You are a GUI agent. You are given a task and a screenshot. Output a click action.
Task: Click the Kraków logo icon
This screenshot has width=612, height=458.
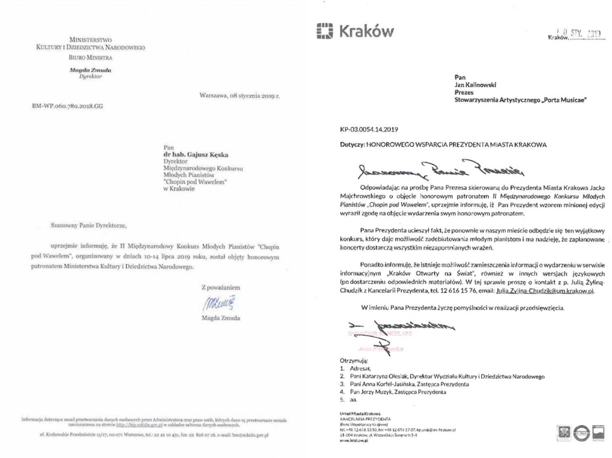[324, 31]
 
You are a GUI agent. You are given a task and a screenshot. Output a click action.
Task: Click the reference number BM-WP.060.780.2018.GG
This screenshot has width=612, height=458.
[67, 106]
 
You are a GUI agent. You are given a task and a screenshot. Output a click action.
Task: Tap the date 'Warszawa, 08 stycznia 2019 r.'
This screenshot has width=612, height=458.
[239, 96]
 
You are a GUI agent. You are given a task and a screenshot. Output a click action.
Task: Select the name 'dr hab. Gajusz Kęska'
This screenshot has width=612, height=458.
[196, 155]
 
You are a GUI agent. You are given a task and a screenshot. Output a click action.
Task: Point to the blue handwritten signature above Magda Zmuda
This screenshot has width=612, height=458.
[220, 303]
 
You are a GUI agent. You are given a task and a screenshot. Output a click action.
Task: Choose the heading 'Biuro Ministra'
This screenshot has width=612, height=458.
[90, 58]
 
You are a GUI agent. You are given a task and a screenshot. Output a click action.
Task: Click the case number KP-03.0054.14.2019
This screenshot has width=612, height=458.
[369, 129]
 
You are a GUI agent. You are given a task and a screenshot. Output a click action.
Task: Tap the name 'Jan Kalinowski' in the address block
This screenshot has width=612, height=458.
[475, 85]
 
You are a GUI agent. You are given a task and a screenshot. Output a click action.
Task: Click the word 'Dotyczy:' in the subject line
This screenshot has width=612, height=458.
[352, 145]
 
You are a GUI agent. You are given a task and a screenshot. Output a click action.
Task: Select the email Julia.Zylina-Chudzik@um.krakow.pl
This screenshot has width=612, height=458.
[544, 291]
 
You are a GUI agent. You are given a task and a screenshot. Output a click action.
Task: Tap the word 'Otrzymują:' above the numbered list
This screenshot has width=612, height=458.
[354, 361]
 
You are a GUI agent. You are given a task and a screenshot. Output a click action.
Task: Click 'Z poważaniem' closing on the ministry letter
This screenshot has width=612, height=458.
[221, 287]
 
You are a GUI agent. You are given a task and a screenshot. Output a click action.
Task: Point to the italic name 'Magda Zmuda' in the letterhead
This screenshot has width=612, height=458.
[90, 70]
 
